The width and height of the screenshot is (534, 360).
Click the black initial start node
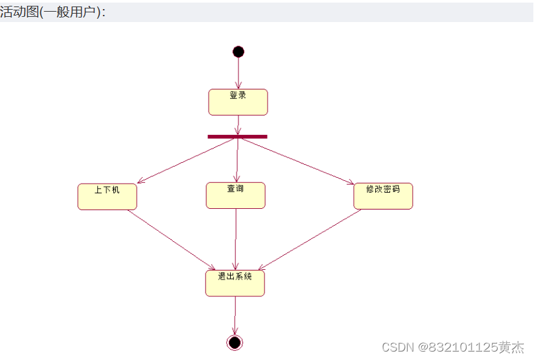tap(238, 52)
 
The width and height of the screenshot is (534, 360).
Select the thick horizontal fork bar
tap(237, 136)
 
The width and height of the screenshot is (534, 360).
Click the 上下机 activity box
tap(107, 197)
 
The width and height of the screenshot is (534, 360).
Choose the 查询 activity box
tap(235, 195)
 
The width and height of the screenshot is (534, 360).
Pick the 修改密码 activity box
tap(383, 196)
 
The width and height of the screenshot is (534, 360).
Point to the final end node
tap(235, 342)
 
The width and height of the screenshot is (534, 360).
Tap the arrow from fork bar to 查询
tap(237, 160)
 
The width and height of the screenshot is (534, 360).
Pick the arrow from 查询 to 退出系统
tap(235, 239)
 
